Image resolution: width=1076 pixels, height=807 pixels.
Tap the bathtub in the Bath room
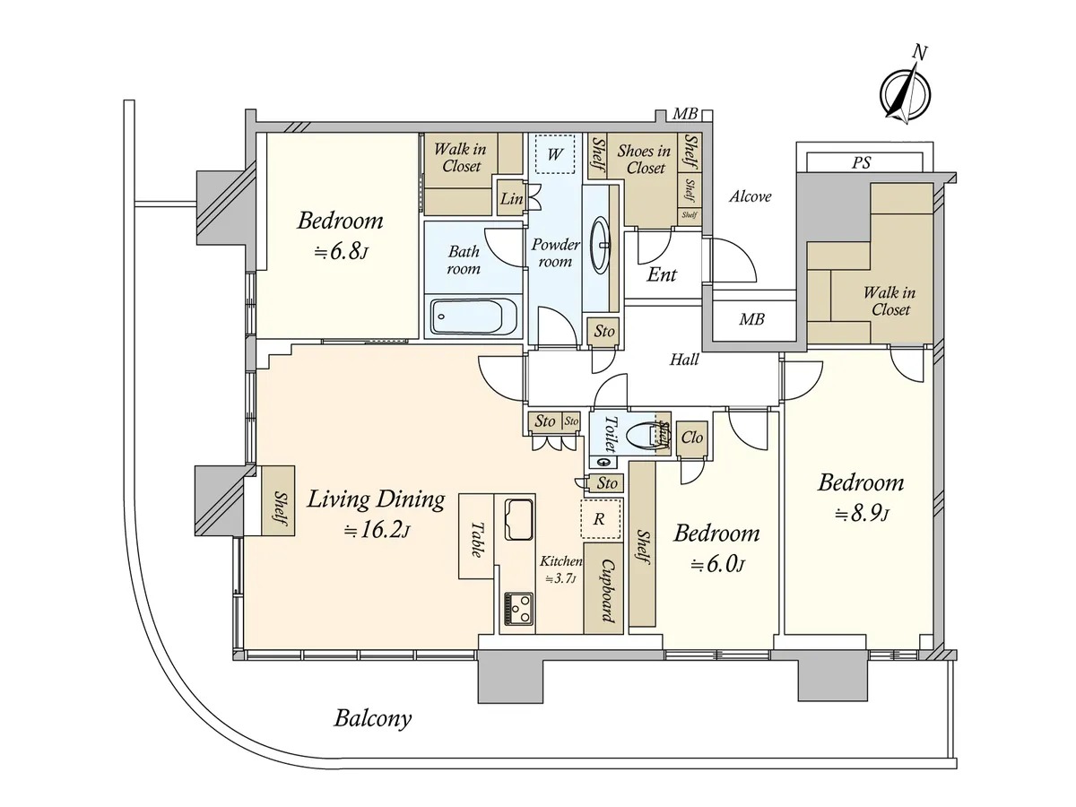click(466, 317)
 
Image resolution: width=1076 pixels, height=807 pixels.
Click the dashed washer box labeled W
click(554, 154)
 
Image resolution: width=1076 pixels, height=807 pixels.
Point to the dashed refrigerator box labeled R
click(601, 519)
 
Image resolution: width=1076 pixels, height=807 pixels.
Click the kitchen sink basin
click(519, 519)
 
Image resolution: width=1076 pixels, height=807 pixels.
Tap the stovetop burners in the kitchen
click(518, 609)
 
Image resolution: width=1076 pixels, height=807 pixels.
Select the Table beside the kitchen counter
click(476, 536)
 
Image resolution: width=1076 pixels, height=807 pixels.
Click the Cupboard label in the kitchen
click(607, 591)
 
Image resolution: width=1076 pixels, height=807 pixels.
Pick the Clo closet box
click(691, 438)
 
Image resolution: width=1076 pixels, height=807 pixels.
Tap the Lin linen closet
click(511, 198)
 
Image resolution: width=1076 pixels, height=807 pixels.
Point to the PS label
click(861, 162)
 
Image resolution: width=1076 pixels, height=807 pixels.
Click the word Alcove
click(750, 196)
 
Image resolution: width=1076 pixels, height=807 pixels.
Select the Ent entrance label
click(661, 275)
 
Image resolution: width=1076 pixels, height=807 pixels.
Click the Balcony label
click(372, 719)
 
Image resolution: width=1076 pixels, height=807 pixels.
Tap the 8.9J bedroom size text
click(862, 515)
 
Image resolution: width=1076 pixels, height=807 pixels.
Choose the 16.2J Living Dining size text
click(377, 531)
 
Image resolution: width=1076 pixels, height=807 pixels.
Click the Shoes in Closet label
click(644, 160)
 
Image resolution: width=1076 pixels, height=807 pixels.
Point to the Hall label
click(684, 360)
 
